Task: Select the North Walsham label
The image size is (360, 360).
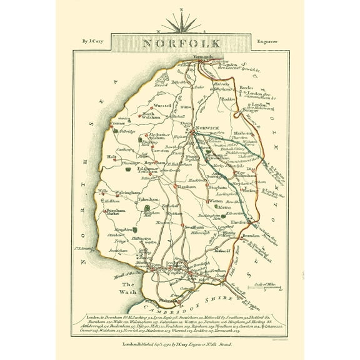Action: pyautogui.click(x=143, y=116)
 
